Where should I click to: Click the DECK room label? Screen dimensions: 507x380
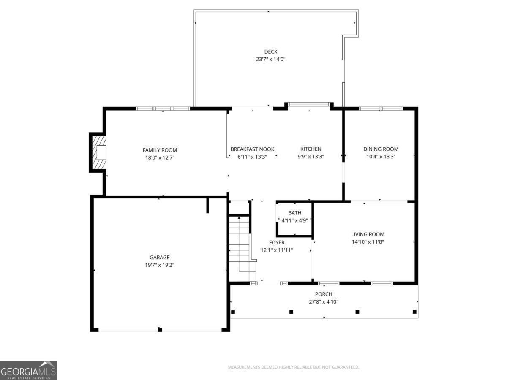(x=271, y=52)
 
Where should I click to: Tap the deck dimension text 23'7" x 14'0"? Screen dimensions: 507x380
(x=271, y=59)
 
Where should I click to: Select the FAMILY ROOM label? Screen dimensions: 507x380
(x=160, y=150)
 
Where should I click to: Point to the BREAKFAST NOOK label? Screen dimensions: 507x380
(x=253, y=149)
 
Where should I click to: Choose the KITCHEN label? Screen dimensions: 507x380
(x=311, y=149)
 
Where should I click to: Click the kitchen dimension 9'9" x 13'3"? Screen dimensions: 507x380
(x=311, y=157)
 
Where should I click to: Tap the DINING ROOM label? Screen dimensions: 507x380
(x=381, y=149)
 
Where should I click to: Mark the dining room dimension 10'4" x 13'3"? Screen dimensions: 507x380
(x=381, y=157)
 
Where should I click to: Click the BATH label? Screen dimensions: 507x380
(x=295, y=213)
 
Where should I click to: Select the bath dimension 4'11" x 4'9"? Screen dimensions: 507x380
(x=295, y=220)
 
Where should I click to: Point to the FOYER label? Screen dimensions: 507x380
(x=277, y=242)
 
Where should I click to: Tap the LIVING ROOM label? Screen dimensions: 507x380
(x=368, y=234)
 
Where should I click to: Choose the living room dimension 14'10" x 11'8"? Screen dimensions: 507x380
(x=368, y=242)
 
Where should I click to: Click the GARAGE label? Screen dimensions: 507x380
(x=160, y=257)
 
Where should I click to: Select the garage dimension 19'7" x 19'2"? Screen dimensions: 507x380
(x=160, y=265)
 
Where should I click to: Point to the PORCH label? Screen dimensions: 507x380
(x=324, y=294)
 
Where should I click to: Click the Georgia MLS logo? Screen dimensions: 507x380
(x=29, y=370)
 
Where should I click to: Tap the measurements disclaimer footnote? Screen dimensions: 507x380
(x=293, y=367)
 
